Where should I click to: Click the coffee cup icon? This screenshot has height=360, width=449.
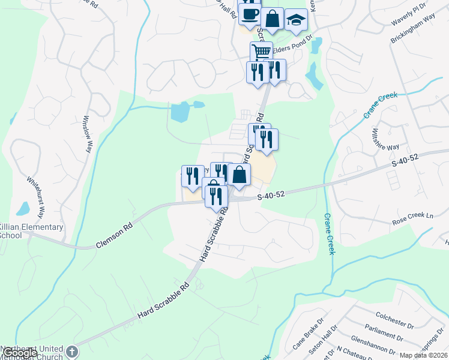point(249,14)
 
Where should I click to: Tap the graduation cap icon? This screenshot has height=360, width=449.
point(295,19)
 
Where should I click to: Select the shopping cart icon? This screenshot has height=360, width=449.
point(261,52)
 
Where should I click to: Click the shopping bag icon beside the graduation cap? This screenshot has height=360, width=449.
point(272,19)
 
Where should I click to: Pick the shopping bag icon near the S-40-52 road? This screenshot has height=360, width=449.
point(239,175)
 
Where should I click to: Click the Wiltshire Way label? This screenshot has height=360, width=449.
point(385,139)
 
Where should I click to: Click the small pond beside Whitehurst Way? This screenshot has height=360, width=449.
point(23,208)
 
